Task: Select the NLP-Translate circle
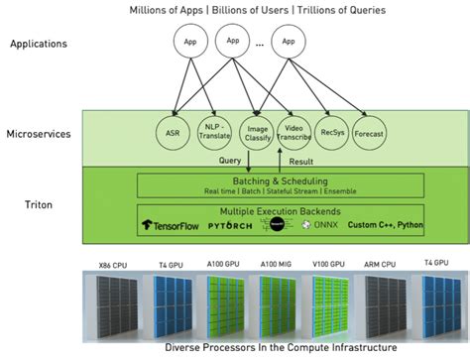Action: (214, 134)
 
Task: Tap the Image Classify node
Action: (256, 134)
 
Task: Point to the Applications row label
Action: (38, 45)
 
